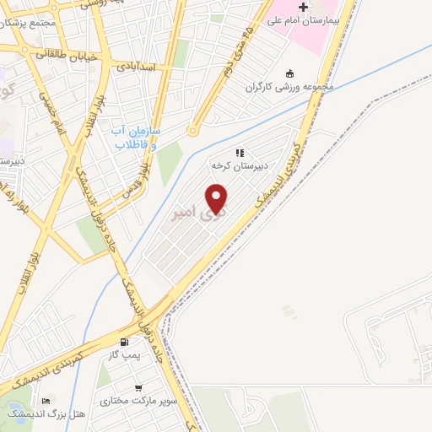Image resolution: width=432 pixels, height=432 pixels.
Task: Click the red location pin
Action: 218,198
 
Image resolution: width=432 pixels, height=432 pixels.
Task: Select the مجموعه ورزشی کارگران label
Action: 290,86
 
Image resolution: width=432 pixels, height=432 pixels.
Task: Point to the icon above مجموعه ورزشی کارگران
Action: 290,73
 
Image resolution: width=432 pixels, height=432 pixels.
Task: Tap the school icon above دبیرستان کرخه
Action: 240,153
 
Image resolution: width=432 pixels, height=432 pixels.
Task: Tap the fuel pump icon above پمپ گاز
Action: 126,343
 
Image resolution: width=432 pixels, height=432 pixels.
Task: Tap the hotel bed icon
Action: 45,400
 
